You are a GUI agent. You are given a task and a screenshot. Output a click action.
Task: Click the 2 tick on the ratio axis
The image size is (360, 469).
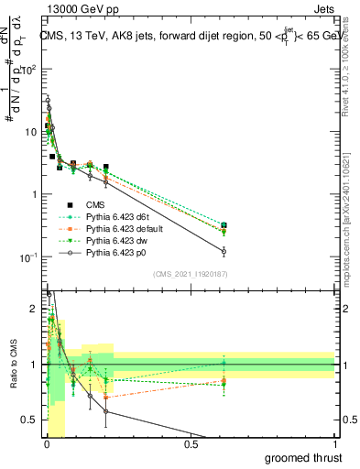click(x=35, y=309)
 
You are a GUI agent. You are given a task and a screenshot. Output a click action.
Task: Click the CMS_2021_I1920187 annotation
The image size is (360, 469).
click(x=191, y=274)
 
